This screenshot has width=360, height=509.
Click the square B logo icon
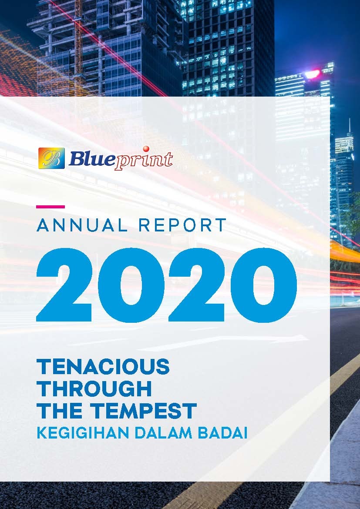[x=51, y=158]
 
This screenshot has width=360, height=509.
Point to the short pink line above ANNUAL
[x=50, y=206]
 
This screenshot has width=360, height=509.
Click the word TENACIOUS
[x=103, y=367]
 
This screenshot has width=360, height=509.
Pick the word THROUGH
[x=94, y=388]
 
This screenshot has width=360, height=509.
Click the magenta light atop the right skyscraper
[x=313, y=74]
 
